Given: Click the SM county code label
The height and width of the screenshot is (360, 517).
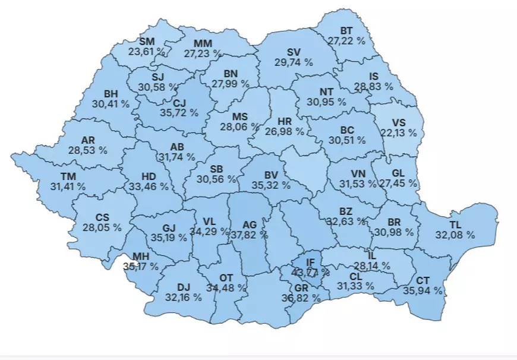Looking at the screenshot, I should [x=146, y=41].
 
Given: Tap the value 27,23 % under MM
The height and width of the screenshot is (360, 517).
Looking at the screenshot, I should [x=204, y=53].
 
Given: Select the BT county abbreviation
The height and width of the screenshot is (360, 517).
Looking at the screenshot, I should [x=346, y=31].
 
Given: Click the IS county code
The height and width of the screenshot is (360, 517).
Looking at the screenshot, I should [x=374, y=76].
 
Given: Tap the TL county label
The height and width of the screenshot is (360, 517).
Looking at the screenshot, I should [x=455, y=225].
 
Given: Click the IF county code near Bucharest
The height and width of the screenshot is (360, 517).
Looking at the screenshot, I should [x=311, y=262].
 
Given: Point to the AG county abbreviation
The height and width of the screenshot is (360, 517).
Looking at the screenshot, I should [x=250, y=225].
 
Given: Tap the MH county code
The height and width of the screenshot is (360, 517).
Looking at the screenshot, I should [x=141, y=257].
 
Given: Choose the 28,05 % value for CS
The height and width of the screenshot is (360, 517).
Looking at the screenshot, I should [x=102, y=228].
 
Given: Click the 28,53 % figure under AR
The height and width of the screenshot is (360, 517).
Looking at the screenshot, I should [x=87, y=151].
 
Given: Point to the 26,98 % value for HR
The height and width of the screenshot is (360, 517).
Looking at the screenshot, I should [x=284, y=131].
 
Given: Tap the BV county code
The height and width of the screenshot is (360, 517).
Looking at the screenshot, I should [x=272, y=175].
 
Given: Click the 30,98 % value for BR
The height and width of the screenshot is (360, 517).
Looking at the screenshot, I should [x=391, y=232].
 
